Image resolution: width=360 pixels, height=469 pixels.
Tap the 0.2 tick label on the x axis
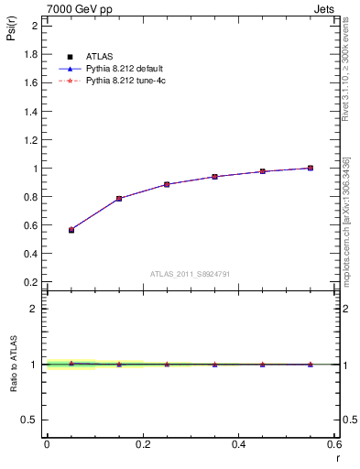tap(142, 443)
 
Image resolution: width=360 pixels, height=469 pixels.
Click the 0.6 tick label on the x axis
tap(334, 443)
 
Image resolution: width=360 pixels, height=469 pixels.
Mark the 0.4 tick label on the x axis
tap(238, 443)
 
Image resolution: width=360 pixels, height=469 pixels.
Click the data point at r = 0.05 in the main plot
tap(71, 230)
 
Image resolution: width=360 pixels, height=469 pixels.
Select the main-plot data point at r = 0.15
tap(119, 199)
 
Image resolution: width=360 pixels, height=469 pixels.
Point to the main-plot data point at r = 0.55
tap(311, 168)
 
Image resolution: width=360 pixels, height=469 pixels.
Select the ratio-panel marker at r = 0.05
tap(71, 364)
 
